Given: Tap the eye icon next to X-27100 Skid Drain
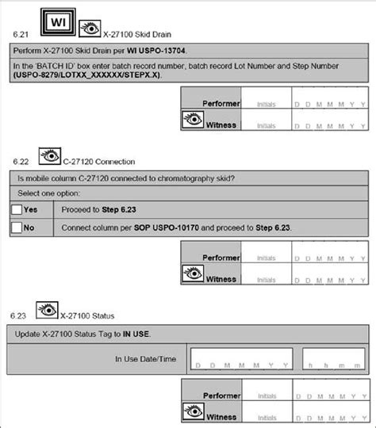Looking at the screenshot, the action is (x=92, y=32).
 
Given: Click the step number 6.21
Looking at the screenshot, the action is (x=23, y=35).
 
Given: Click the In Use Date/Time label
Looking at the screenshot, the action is (x=146, y=359).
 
